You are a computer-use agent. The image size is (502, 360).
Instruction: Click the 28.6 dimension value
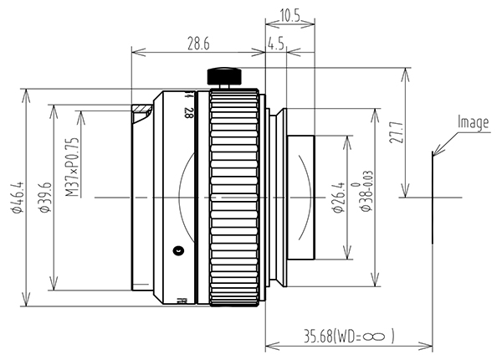[x=198, y=44]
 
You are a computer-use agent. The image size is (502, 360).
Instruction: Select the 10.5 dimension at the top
[x=289, y=15]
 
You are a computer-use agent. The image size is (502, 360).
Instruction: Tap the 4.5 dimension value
[x=275, y=44]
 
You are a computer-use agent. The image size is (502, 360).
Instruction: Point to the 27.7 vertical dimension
[x=396, y=131]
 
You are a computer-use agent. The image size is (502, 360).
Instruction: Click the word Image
[x=474, y=123]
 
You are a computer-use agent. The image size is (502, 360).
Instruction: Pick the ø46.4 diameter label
[x=17, y=197]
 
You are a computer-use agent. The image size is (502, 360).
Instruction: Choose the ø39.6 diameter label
[x=45, y=197]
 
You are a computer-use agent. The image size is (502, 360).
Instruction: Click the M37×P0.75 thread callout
[x=72, y=167]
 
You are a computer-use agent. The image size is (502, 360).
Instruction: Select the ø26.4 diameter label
[x=338, y=198]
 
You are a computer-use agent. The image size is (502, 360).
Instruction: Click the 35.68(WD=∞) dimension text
[x=349, y=337]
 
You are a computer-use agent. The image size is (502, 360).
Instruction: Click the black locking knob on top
[x=224, y=76]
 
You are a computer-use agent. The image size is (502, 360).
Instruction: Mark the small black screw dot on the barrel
[x=177, y=251]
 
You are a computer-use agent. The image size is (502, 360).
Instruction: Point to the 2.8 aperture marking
[x=188, y=113]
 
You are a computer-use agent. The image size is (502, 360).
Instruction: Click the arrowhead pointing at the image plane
[x=437, y=150]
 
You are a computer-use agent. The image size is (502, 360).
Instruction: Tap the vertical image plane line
[x=433, y=197]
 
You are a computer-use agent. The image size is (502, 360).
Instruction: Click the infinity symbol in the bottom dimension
[x=373, y=337]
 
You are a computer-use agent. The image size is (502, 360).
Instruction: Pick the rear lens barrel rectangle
[x=301, y=198]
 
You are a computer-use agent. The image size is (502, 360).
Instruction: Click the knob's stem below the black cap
[x=224, y=86]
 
